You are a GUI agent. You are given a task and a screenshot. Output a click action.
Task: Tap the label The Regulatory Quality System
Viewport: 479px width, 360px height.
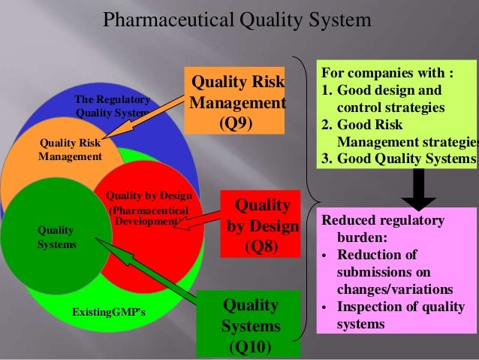pos(113,106)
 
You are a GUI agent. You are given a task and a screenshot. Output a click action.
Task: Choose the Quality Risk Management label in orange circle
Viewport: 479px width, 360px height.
pos(70,150)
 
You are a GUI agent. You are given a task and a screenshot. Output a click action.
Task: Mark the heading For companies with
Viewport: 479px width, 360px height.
pos(387,74)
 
